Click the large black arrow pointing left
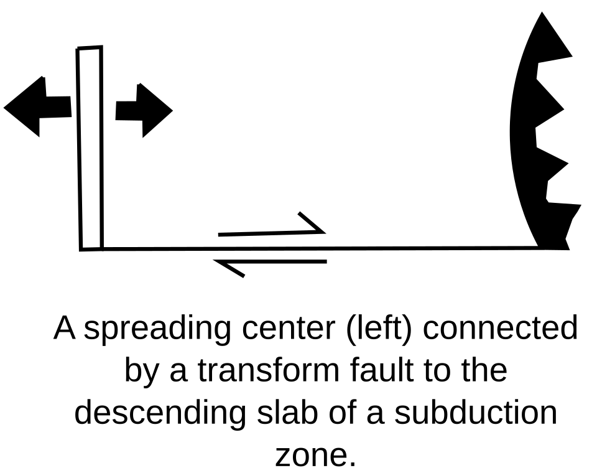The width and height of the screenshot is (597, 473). coord(37,106)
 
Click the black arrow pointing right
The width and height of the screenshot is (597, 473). coord(144,111)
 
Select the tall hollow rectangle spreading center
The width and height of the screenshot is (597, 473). coord(90,149)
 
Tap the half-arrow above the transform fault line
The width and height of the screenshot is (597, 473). coord(272,227)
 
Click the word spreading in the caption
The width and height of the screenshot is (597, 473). coord(157,329)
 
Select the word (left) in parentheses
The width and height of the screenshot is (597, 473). coord(379,329)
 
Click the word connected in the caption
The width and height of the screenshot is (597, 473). coord(500,328)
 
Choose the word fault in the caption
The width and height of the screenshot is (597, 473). coord(382,370)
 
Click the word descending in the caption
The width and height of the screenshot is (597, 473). coord(160,413)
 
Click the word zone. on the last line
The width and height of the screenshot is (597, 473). coord(316,456)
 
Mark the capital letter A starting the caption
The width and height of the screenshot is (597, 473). coord(64,328)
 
